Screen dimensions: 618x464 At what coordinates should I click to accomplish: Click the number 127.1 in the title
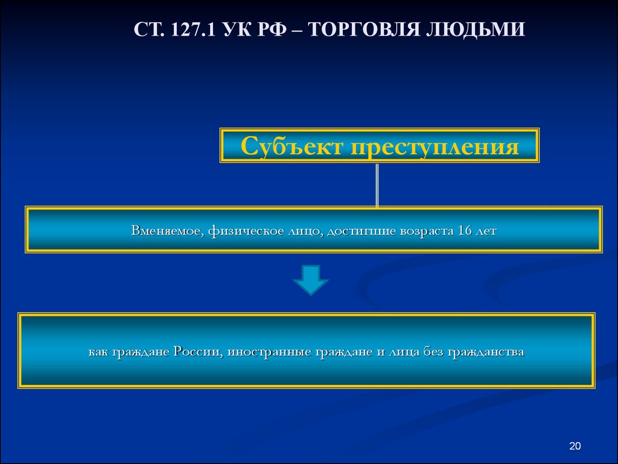(193, 29)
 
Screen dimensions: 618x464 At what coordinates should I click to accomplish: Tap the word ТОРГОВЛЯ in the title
(363, 29)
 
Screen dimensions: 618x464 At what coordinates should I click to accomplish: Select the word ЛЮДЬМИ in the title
(476, 29)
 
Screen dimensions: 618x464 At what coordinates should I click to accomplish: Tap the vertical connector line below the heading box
(377, 185)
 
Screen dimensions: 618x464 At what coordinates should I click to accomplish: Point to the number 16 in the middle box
(465, 230)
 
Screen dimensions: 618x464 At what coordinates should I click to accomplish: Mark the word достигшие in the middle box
(362, 231)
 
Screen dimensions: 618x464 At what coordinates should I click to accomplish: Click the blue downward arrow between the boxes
(311, 280)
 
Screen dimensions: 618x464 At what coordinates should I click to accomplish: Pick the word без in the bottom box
(433, 351)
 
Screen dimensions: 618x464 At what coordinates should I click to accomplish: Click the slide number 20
(575, 446)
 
